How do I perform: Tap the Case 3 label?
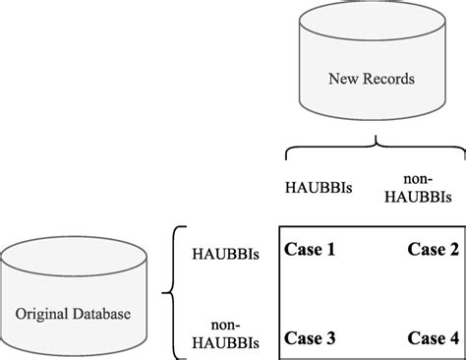[310, 338]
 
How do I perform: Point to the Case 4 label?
[434, 338]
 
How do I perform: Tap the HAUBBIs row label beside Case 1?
[227, 252]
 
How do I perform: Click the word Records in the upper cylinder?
[389, 78]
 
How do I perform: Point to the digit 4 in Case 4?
[453, 338]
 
